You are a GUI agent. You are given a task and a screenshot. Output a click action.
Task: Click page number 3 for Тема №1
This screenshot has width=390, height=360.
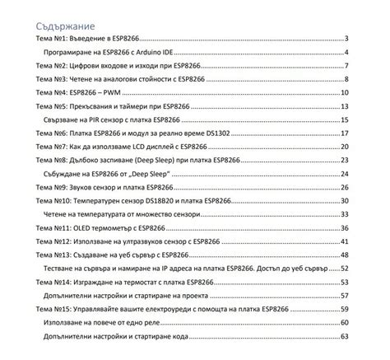point(349,39)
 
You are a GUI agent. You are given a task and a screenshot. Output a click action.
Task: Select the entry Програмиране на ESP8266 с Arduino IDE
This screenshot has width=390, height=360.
point(107,52)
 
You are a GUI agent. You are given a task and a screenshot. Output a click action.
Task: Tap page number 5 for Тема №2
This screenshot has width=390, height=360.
point(349,66)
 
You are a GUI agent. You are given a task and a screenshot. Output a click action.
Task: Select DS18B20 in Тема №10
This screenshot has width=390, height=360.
point(153,201)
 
